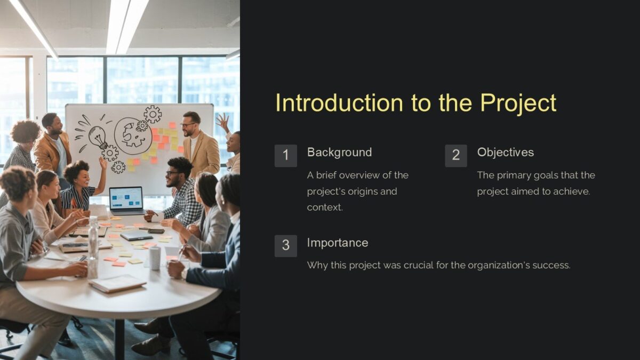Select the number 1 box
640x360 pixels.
click(286, 155)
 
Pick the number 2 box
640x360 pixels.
click(456, 155)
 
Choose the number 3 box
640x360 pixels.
click(286, 246)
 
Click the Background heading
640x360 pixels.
click(339, 152)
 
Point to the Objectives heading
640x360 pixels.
click(505, 152)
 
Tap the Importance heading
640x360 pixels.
click(337, 243)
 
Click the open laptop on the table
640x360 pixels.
click(127, 201)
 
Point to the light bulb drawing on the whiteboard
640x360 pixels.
click(97, 137)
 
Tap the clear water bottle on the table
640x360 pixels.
click(93, 245)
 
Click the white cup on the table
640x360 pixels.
click(155, 258)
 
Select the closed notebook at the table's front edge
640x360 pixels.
click(117, 283)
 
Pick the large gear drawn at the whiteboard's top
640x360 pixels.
click(153, 114)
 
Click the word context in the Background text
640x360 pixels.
click(325, 207)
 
